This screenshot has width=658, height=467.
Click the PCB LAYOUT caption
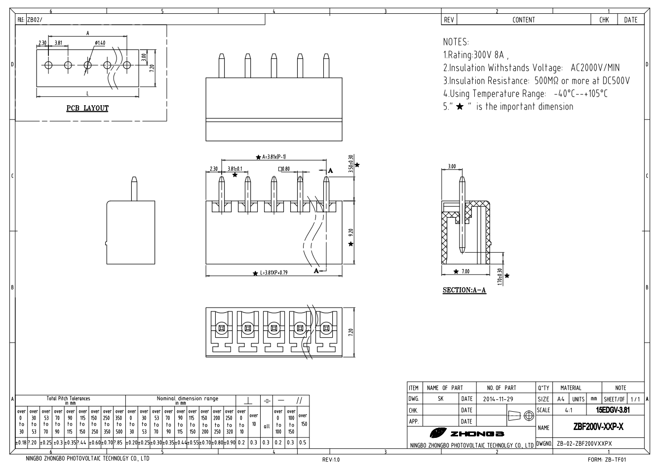(87, 108)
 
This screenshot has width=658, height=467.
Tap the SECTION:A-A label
(464, 290)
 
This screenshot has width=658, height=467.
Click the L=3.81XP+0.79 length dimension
(276, 273)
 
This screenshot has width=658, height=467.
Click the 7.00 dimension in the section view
(465, 272)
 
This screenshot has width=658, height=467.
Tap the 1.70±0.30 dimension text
(500, 276)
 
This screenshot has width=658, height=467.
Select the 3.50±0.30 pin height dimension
(350, 163)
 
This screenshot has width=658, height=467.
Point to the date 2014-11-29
(499, 399)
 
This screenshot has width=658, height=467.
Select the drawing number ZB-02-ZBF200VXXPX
(584, 443)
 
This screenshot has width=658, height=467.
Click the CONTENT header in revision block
(523, 20)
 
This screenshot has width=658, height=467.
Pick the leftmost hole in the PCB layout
(48, 65)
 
